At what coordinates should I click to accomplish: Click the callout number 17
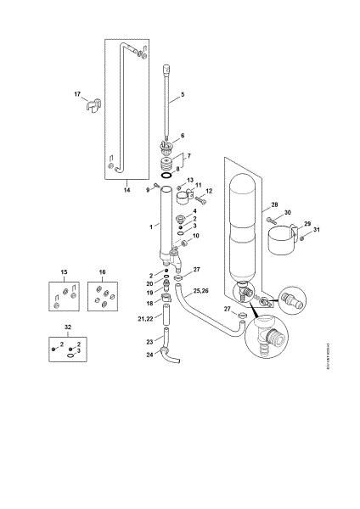point(76,94)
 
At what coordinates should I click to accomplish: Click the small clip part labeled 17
point(92,107)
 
